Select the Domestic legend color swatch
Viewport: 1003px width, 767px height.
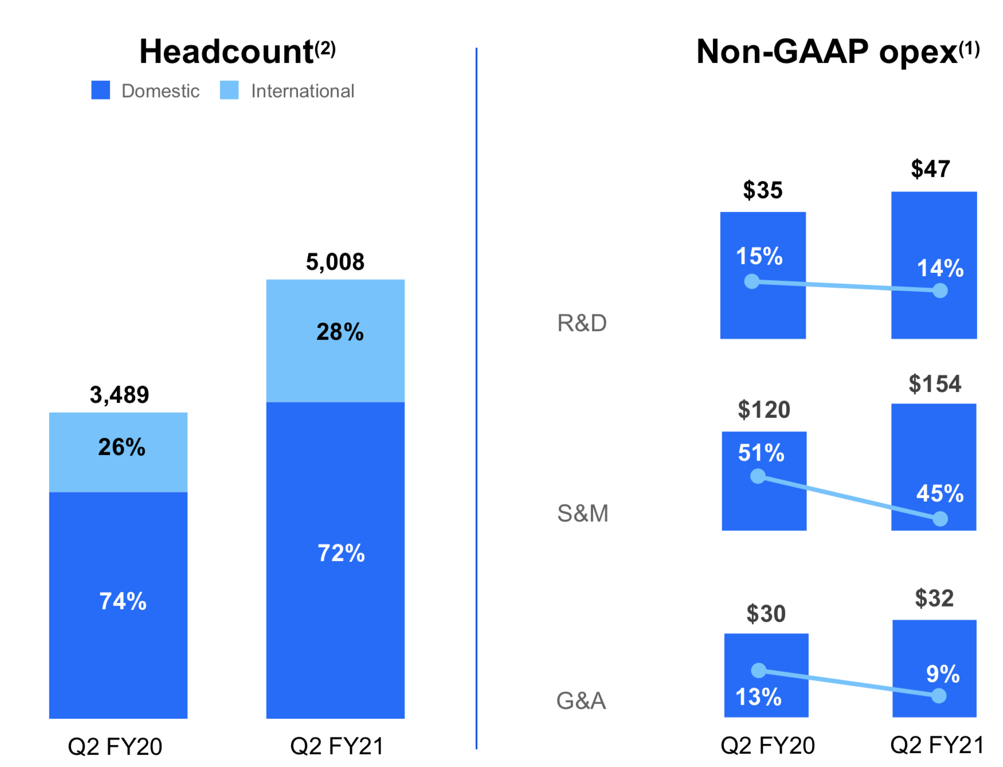(x=100, y=90)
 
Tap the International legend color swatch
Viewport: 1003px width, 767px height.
(x=229, y=90)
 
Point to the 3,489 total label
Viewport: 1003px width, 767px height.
(x=119, y=394)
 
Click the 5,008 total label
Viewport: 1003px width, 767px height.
(x=335, y=262)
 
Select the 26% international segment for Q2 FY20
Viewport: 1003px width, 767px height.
(x=118, y=452)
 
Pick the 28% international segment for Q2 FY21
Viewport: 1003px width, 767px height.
(x=335, y=341)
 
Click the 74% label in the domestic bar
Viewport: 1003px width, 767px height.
(x=123, y=601)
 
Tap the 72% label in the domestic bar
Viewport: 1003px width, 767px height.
(x=341, y=553)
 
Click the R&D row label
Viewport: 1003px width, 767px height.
(x=582, y=323)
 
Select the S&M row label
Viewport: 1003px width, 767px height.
(x=582, y=513)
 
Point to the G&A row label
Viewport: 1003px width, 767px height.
(x=581, y=701)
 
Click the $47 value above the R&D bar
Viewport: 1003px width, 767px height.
(x=930, y=169)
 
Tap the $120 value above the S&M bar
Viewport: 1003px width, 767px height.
(x=763, y=410)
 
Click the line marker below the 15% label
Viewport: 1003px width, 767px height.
(x=751, y=281)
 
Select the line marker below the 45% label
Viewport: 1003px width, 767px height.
(x=940, y=519)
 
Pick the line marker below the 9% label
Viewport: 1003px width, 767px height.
(x=939, y=696)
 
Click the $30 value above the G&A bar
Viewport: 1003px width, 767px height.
(x=766, y=614)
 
